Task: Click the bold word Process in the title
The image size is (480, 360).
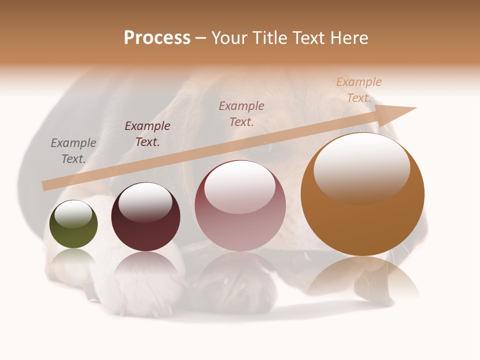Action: pyautogui.click(x=157, y=38)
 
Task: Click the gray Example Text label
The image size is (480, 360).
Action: pyautogui.click(x=73, y=151)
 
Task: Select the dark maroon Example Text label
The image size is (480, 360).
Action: pyautogui.click(x=147, y=134)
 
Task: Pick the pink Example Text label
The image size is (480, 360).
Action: pyautogui.click(x=241, y=113)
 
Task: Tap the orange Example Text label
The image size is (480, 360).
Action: pyautogui.click(x=359, y=90)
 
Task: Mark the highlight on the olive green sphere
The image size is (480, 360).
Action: pyautogui.click(x=73, y=214)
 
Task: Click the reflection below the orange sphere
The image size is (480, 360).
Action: pyautogui.click(x=362, y=277)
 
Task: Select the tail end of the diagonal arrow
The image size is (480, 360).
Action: pyautogui.click(x=45, y=186)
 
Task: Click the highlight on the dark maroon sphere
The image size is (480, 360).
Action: pyautogui.click(x=145, y=202)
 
